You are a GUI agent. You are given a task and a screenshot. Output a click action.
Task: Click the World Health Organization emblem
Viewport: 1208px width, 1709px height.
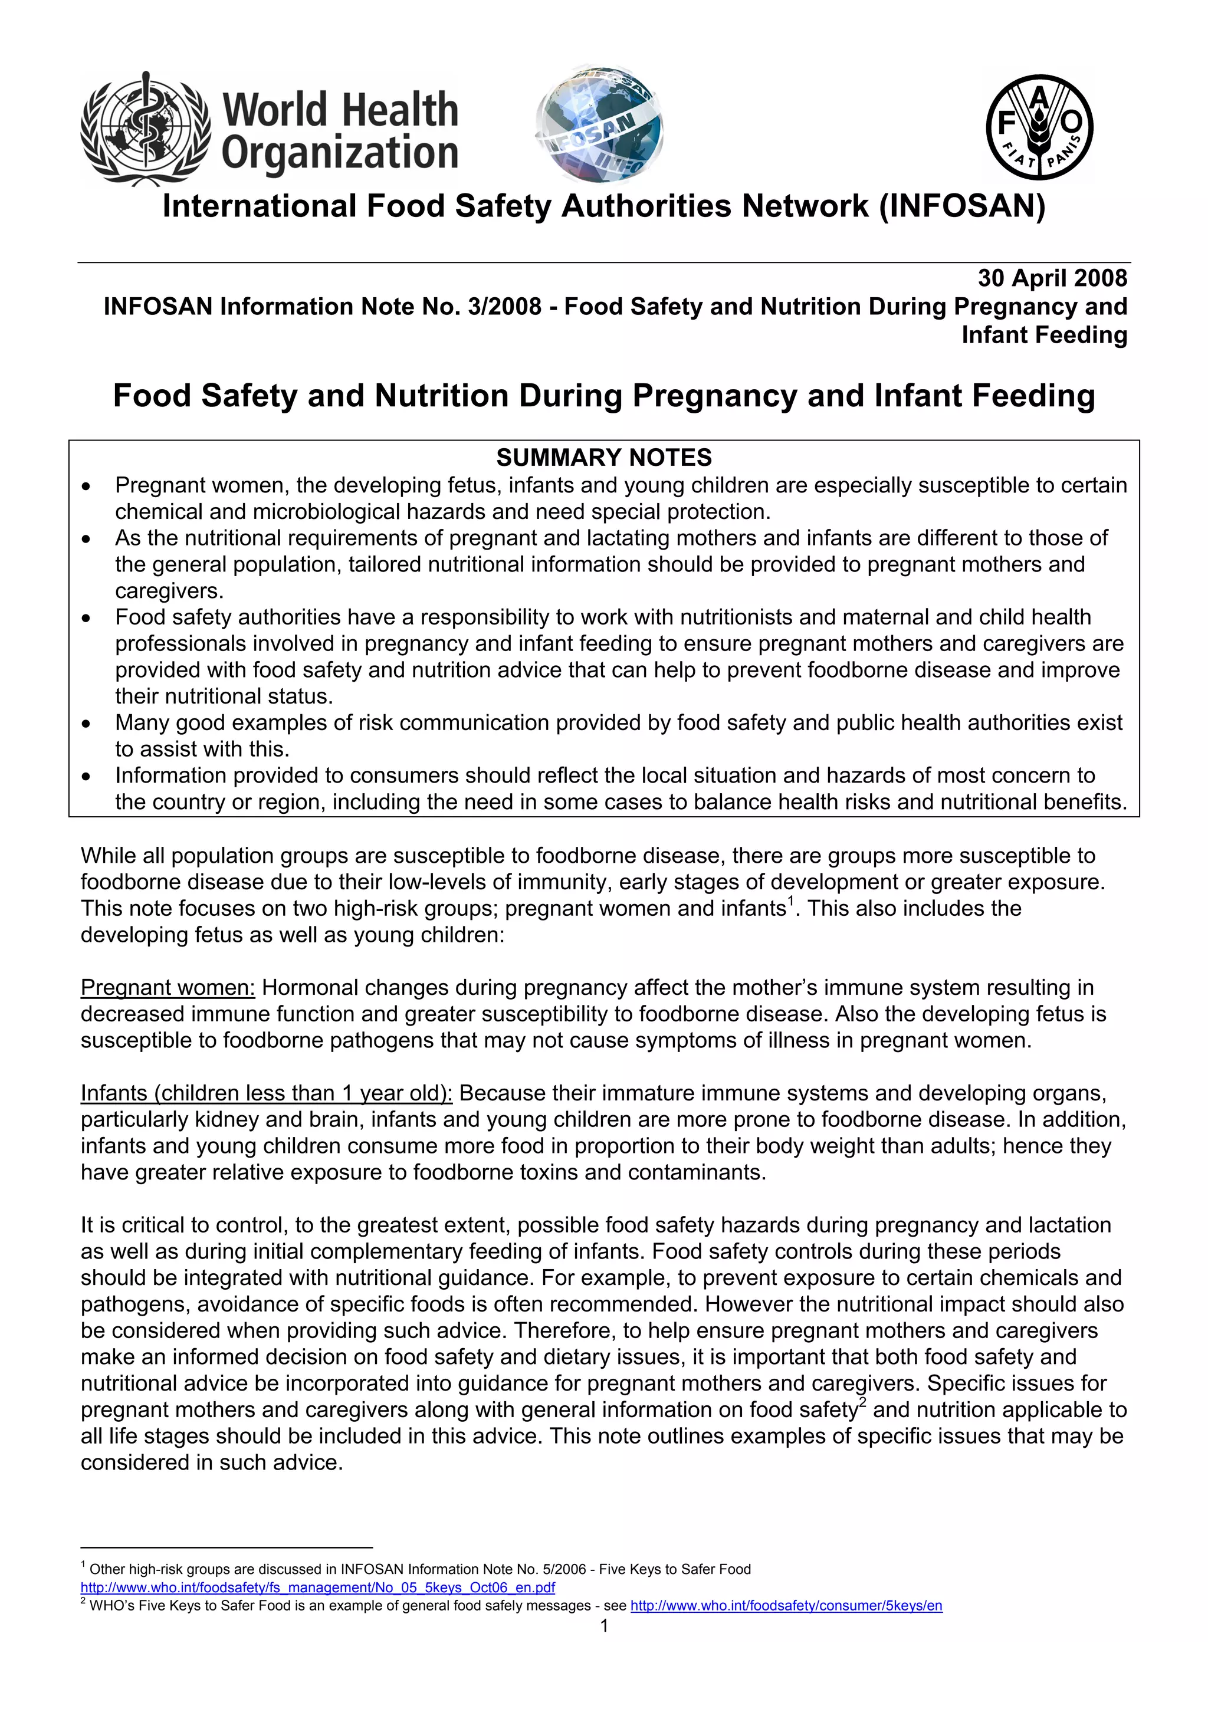[146, 128]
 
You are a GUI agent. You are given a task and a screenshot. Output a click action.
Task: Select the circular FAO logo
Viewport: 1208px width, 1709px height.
[1039, 127]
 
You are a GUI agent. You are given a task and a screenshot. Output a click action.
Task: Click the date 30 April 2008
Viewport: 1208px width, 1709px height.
[1052, 278]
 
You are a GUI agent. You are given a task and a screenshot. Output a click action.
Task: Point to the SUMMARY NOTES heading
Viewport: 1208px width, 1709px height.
[603, 457]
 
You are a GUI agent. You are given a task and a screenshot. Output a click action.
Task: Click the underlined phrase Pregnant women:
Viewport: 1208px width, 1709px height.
[168, 988]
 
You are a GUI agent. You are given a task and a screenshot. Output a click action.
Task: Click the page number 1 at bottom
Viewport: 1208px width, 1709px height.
[603, 1626]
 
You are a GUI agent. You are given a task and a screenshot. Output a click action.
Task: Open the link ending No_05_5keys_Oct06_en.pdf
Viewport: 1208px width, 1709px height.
[318, 1588]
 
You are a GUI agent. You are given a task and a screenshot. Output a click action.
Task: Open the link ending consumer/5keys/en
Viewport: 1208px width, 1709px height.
[786, 1606]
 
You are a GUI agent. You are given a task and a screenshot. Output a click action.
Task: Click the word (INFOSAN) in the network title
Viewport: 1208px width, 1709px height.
[961, 206]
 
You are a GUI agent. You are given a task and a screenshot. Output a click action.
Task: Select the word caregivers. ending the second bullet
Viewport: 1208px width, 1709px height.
[169, 591]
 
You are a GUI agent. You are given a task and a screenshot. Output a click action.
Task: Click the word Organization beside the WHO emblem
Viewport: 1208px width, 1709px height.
[339, 153]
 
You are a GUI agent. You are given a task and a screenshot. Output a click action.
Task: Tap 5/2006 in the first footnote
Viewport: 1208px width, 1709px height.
[567, 1570]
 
